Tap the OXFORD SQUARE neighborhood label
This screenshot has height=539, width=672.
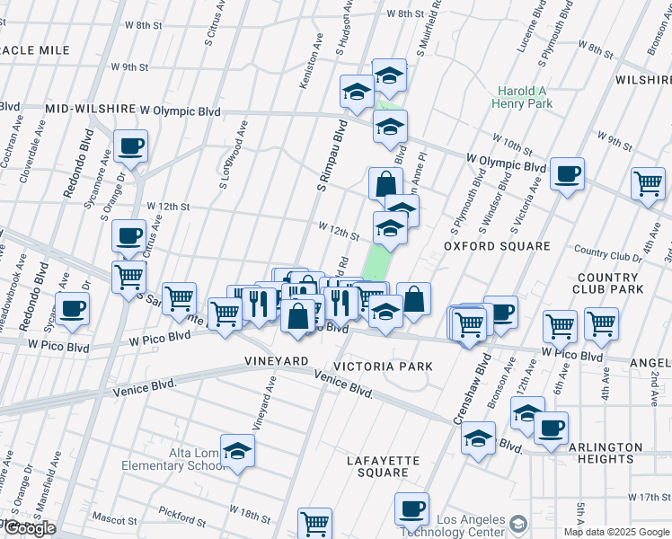point(497,246)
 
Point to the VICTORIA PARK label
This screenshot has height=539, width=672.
point(384,367)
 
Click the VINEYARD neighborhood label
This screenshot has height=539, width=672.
point(277,361)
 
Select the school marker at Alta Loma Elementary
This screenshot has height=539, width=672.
point(237,451)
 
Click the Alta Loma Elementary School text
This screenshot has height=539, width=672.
point(185,459)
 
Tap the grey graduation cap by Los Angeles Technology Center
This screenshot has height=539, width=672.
point(518,524)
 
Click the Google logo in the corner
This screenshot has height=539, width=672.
point(29,528)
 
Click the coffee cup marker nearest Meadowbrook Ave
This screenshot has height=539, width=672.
point(72,308)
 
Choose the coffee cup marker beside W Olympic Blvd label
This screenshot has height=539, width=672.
point(567,173)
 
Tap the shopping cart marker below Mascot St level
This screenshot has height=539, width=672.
point(314,524)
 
